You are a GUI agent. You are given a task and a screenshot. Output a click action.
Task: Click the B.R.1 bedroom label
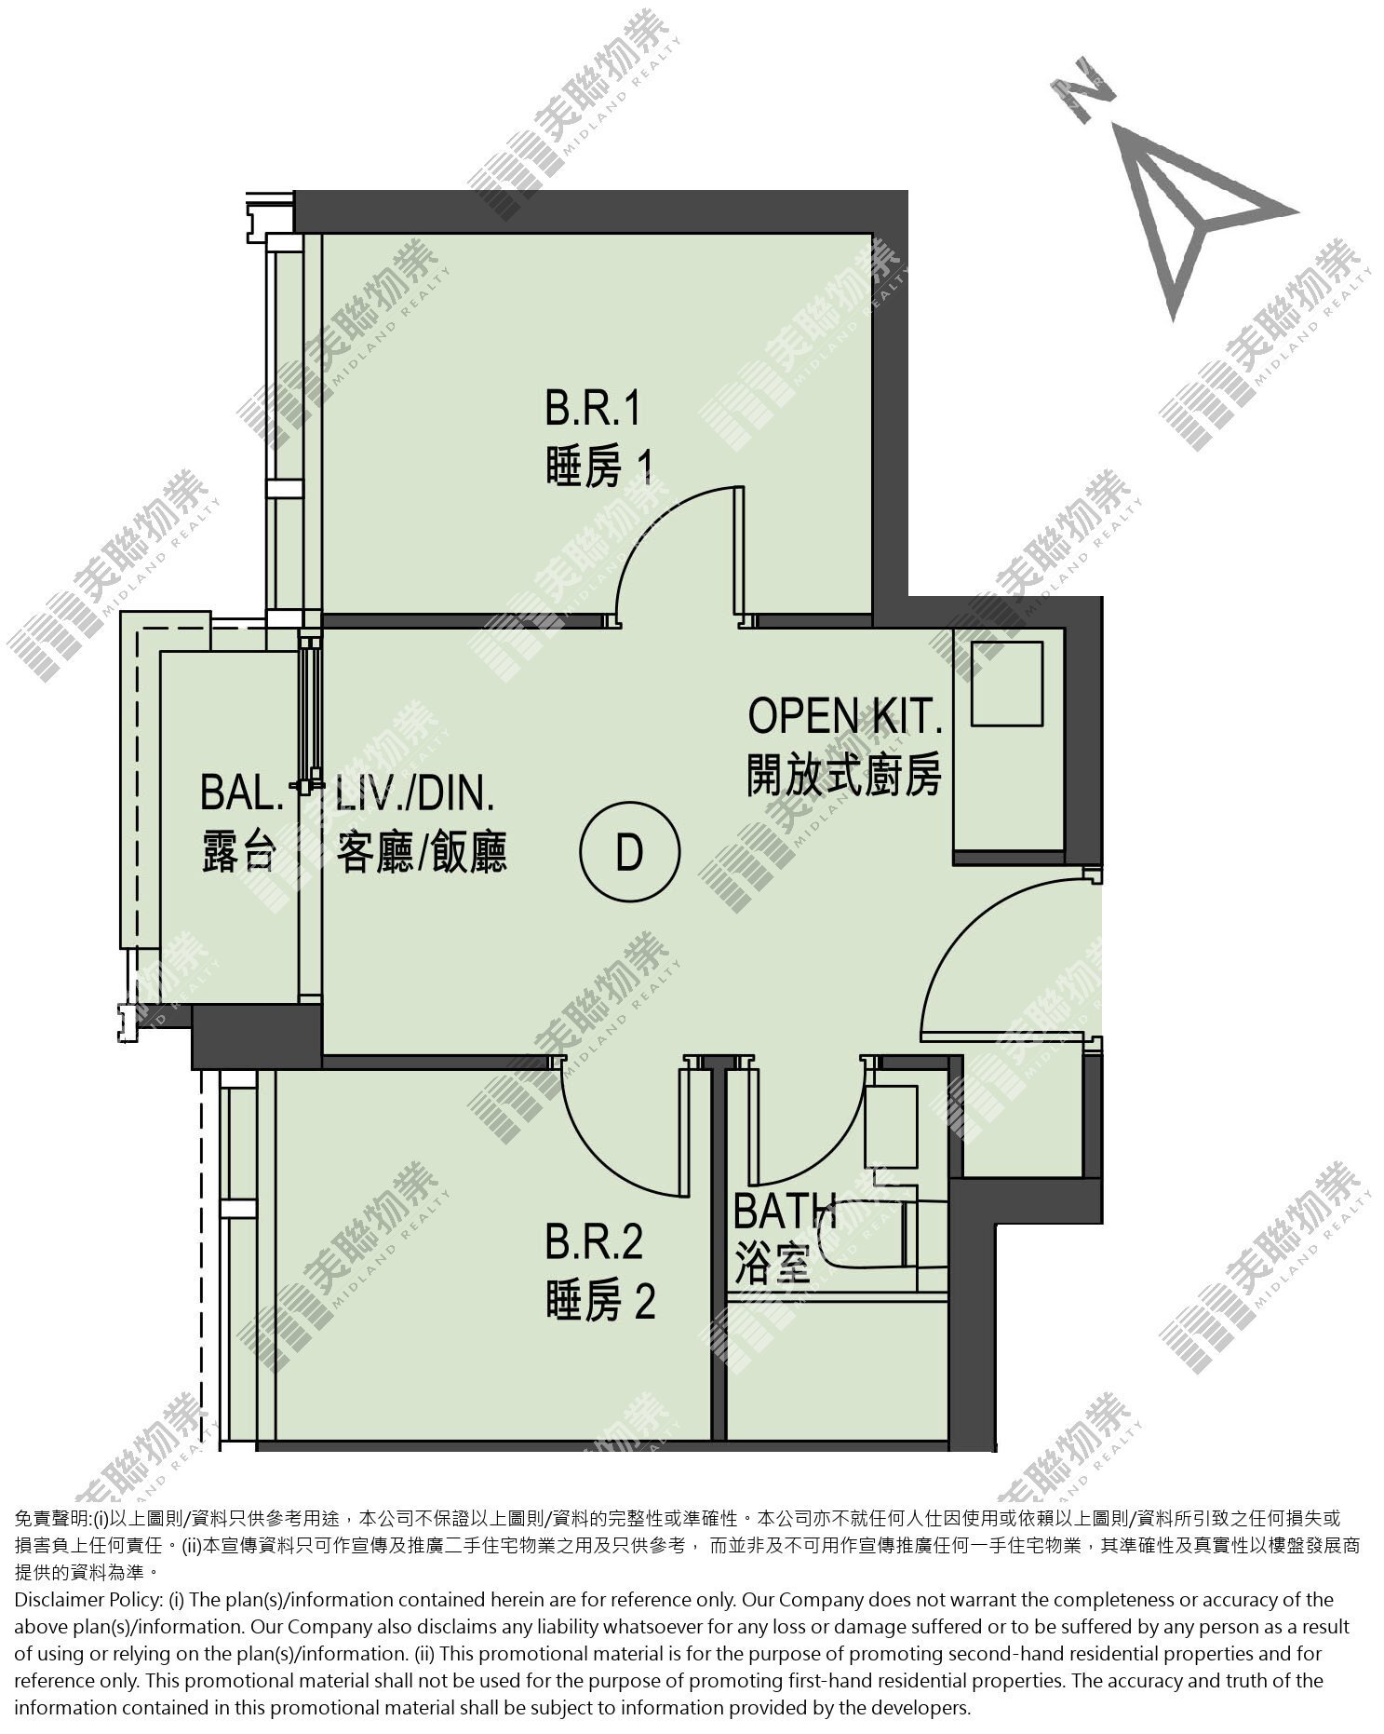point(594,410)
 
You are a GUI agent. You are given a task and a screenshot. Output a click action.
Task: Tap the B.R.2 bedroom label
point(594,1243)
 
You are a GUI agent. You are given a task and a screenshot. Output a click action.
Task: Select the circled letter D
point(630,852)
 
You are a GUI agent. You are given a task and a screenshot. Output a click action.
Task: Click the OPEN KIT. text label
point(845,716)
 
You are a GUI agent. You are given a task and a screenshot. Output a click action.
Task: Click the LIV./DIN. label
point(415,794)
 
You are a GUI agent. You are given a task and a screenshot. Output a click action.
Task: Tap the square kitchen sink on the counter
point(1007,684)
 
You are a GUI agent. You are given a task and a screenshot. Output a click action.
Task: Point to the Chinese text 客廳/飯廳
point(422,852)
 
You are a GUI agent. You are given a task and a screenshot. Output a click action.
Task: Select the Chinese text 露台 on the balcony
point(240,852)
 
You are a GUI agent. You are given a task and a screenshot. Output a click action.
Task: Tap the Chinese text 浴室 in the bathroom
point(771,1267)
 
